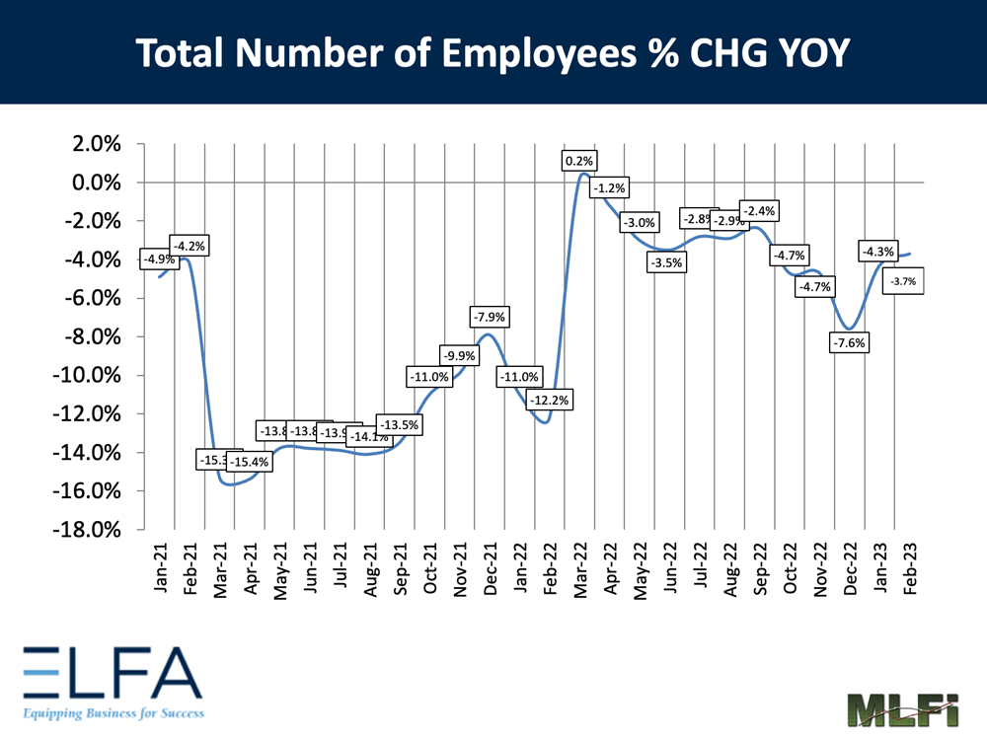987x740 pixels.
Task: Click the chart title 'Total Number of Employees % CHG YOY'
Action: pos(493,53)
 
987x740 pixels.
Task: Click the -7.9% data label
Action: pos(489,318)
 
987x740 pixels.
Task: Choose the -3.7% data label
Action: pos(902,282)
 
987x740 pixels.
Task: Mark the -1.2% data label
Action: pos(609,187)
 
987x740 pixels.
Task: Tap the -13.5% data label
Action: pos(400,425)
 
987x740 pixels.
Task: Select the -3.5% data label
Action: pos(667,262)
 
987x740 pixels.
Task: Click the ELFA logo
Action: pos(111,680)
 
